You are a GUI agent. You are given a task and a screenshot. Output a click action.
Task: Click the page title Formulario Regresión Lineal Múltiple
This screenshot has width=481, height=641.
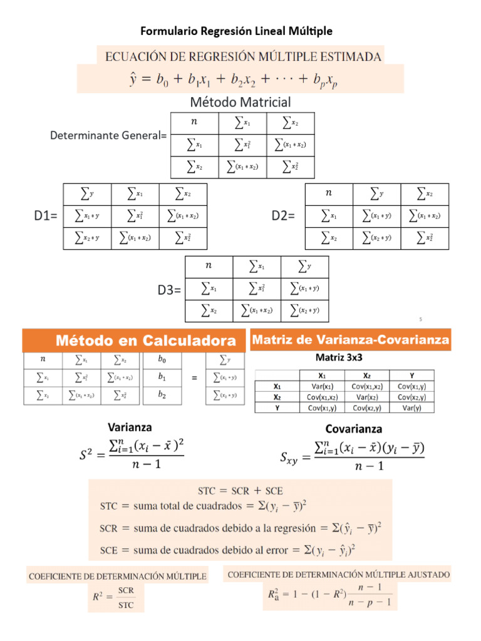point(237,31)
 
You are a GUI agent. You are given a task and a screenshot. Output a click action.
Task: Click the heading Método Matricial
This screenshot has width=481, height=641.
point(240,101)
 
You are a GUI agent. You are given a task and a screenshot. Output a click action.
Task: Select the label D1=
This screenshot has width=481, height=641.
point(45,217)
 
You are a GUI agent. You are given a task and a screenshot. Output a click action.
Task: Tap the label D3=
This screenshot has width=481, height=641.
point(169,290)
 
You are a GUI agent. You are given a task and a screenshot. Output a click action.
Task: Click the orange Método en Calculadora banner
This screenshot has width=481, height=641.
point(134,341)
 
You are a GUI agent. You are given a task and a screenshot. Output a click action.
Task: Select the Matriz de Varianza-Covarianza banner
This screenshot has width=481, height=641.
point(350,340)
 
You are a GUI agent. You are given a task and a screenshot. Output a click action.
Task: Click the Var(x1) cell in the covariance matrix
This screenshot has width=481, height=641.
point(322,386)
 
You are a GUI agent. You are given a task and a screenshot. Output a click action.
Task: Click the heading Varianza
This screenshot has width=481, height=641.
point(130,428)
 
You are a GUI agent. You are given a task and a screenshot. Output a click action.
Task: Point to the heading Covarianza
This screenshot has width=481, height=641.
point(354,429)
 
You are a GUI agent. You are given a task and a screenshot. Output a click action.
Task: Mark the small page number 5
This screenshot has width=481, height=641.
point(421,320)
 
